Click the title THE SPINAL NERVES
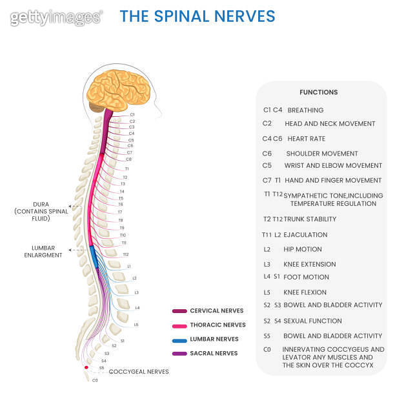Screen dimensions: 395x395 pyautogui.click(x=197, y=16)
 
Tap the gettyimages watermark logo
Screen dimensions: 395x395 pyautogui.click(x=56, y=17)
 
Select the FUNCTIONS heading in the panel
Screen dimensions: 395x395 pyautogui.click(x=318, y=92)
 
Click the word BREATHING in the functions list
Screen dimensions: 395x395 pyautogui.click(x=305, y=110)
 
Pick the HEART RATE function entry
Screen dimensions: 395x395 pyautogui.click(x=307, y=139)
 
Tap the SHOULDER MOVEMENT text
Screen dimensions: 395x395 pyautogui.click(x=321, y=154)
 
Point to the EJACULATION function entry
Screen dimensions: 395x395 pyautogui.click(x=305, y=235)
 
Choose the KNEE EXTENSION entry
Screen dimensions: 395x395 pyautogui.click(x=309, y=264)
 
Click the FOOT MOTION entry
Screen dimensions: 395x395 pyautogui.click(x=306, y=277)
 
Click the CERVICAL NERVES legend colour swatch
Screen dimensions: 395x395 pyautogui.click(x=179, y=311)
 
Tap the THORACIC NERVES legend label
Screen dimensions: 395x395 pyautogui.click(x=218, y=325)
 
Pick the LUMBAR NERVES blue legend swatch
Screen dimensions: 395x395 pyautogui.click(x=179, y=339)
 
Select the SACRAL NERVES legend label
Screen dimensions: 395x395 pyautogui.click(x=214, y=354)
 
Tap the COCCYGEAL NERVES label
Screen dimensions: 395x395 pyautogui.click(x=139, y=372)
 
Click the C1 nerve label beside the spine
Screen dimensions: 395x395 pyautogui.click(x=132, y=114)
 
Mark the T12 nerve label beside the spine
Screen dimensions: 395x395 pyautogui.click(x=126, y=254)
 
